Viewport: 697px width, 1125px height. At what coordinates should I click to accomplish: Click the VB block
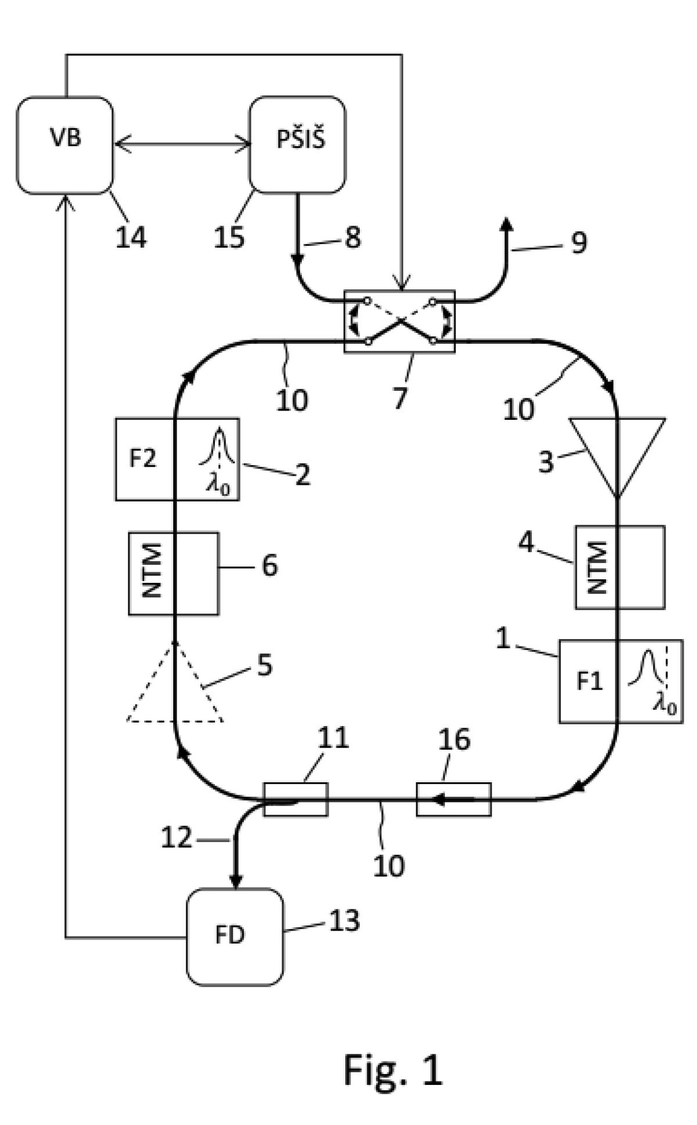65,145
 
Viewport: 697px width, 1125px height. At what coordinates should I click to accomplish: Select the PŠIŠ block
297,144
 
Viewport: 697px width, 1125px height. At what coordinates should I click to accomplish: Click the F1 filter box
621,681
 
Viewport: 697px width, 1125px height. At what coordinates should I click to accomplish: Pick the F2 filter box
177,459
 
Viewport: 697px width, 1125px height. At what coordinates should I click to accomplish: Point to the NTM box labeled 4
620,567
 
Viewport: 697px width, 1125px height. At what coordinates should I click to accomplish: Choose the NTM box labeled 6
174,574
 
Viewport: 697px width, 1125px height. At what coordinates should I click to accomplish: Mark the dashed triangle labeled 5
175,681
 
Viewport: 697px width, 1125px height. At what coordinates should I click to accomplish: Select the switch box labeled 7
400,321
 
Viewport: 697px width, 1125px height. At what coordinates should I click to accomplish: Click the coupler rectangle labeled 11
295,799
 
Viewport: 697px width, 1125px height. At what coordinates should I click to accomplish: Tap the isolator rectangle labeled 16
454,799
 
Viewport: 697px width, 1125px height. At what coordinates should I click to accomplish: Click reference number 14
131,237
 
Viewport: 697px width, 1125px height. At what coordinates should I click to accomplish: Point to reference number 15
229,237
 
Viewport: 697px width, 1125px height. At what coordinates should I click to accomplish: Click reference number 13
345,920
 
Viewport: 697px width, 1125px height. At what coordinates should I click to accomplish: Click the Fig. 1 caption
393,1069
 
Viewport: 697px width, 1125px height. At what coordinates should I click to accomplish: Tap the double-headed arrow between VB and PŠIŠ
182,145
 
